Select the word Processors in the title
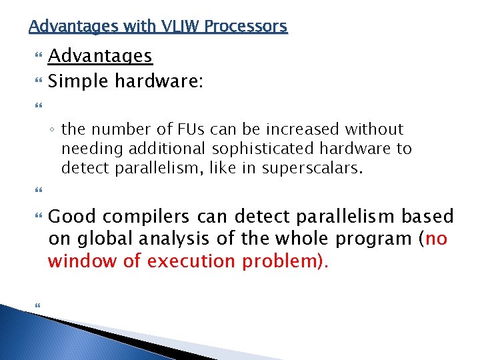(246, 26)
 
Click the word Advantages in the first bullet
(101, 56)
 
